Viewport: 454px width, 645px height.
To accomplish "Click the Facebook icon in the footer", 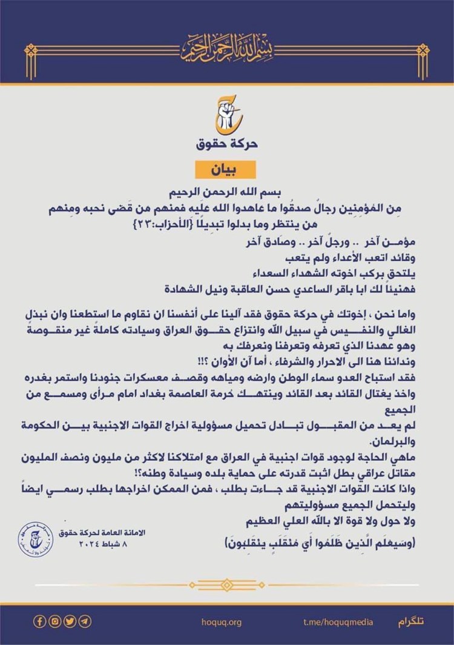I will click(x=41, y=621).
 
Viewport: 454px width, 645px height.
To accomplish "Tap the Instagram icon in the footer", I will click(x=55, y=621).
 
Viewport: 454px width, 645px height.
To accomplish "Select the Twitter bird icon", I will click(x=70, y=621).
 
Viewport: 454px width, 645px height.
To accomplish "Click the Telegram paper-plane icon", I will click(x=85, y=621).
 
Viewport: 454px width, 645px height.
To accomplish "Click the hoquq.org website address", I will click(x=221, y=622).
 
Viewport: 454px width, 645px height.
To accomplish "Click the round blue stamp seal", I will click(x=35, y=538).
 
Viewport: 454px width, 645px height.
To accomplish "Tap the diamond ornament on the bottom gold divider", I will click(x=227, y=584).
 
